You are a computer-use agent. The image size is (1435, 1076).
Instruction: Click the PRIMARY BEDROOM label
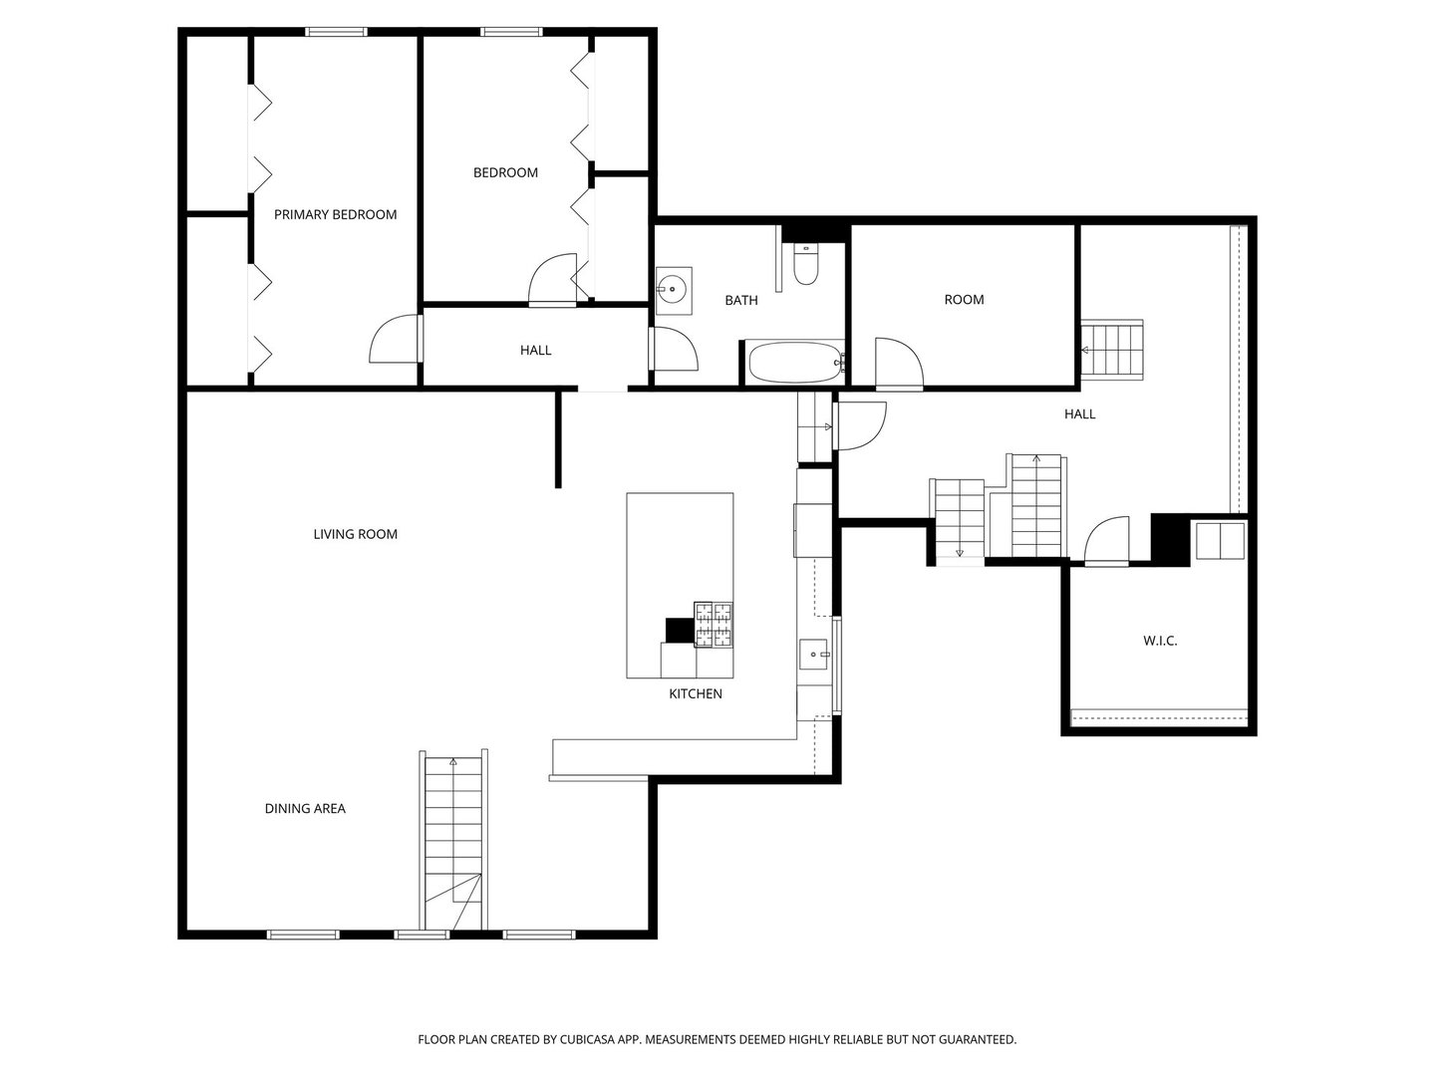(x=335, y=214)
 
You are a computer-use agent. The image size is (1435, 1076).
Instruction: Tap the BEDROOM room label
(x=505, y=172)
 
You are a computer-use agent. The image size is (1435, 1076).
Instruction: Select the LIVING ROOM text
(x=355, y=534)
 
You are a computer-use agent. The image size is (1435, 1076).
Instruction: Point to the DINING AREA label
(x=305, y=808)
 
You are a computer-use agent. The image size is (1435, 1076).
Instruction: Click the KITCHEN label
(x=695, y=693)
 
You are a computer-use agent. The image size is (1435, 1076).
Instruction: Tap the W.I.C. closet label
(x=1160, y=641)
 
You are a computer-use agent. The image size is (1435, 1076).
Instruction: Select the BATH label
(x=740, y=300)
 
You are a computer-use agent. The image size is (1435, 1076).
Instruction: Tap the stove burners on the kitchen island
(x=714, y=625)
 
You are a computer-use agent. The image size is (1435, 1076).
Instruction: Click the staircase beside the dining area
(x=453, y=837)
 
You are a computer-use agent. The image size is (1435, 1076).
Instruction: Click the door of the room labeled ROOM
(x=899, y=363)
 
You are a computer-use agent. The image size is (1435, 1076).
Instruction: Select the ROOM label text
(x=964, y=299)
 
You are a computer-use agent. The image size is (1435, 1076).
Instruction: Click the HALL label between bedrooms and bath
(x=535, y=350)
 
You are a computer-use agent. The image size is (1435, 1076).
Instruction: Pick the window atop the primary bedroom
(x=337, y=32)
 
